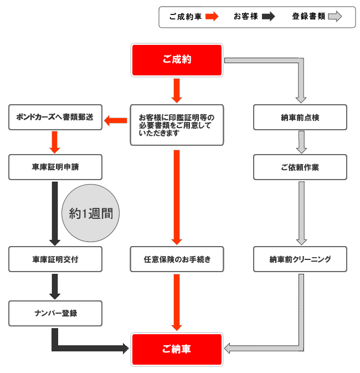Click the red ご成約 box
click(x=177, y=60)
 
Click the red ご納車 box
click(x=177, y=349)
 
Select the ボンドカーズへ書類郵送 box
click(x=55, y=117)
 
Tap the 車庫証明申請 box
click(x=55, y=167)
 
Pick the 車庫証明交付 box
click(x=55, y=259)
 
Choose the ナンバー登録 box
click(x=55, y=313)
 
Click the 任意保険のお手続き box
click(x=177, y=259)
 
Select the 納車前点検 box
click(x=300, y=117)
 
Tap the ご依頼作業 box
click(x=300, y=167)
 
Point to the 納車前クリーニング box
click(x=300, y=259)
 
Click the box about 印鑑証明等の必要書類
click(x=177, y=125)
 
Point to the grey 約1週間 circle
click(x=91, y=213)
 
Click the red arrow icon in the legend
click(x=212, y=17)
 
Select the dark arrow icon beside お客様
click(x=269, y=17)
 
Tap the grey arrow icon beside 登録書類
click(x=335, y=17)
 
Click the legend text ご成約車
click(x=186, y=17)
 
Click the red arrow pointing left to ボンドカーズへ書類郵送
click(x=116, y=121)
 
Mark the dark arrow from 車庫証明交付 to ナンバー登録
click(x=55, y=287)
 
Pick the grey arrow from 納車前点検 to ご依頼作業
click(x=301, y=142)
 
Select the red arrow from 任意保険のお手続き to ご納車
click(x=177, y=303)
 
